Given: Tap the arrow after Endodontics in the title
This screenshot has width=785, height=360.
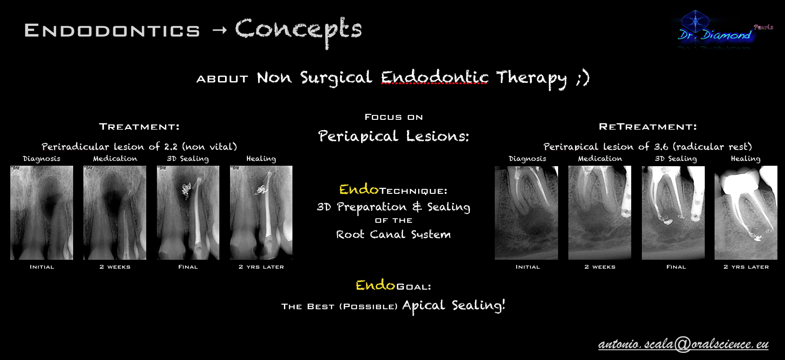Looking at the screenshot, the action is click(219, 30).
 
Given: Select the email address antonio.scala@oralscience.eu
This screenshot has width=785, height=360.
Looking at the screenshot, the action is click(683, 344).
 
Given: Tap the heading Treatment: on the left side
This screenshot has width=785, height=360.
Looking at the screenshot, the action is click(139, 127).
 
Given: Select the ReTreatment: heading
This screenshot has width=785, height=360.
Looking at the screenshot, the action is click(648, 127).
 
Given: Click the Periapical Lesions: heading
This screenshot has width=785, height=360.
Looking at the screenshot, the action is click(394, 136).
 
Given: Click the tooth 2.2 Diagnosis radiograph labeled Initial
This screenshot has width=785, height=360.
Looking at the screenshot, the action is click(41, 213).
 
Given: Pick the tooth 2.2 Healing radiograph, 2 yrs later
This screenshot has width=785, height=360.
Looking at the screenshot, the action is click(261, 213).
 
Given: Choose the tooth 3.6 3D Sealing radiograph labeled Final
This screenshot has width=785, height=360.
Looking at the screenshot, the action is click(673, 213).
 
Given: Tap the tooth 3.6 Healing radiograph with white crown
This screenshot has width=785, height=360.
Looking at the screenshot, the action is click(746, 213).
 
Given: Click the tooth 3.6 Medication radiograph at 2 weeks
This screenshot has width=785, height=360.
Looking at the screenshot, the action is click(600, 213).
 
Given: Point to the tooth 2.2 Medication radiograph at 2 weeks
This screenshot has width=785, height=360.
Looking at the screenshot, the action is click(115, 213).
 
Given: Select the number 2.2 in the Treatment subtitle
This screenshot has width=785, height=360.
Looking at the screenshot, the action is click(171, 147).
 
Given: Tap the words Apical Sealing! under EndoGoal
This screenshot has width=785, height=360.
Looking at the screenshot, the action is click(454, 306).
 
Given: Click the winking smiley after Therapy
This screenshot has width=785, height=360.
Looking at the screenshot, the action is click(583, 78).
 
